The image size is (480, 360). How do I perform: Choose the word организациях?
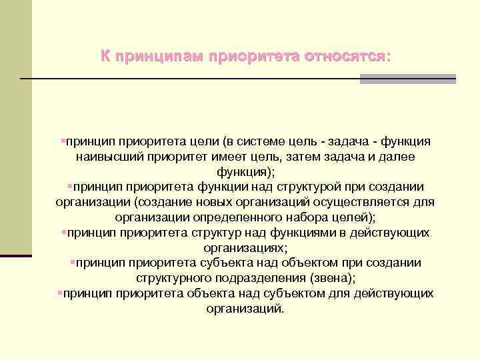click(x=243, y=247)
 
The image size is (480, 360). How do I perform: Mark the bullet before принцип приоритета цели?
click(x=62, y=141)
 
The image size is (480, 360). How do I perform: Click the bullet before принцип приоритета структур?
click(x=62, y=232)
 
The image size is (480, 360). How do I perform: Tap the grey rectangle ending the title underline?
click(x=407, y=79)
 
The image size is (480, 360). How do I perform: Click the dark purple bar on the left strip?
click(x=16, y=255)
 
